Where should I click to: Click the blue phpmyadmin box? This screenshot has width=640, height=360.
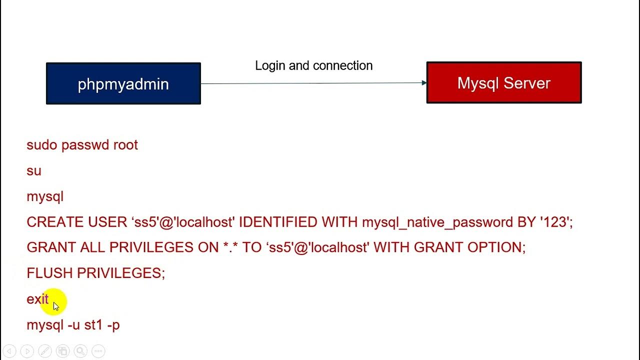coord(123,83)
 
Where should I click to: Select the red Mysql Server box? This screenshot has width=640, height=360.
coord(503,82)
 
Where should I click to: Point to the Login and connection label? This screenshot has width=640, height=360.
coord(313,65)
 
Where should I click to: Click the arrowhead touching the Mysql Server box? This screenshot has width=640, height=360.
coord(424,83)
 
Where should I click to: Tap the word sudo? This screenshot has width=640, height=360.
coord(42,145)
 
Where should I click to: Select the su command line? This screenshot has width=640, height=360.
coord(34,171)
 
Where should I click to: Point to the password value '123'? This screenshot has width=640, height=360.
coord(554,222)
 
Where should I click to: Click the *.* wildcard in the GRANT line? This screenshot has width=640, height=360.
coord(230,247)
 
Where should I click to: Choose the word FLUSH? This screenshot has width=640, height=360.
coord(49,273)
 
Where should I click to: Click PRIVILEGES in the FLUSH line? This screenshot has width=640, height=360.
coord(120,273)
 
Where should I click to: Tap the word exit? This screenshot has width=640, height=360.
coord(37,299)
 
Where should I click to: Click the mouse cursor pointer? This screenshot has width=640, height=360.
coord(55,306)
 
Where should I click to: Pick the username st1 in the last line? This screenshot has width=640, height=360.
coord(93,325)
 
